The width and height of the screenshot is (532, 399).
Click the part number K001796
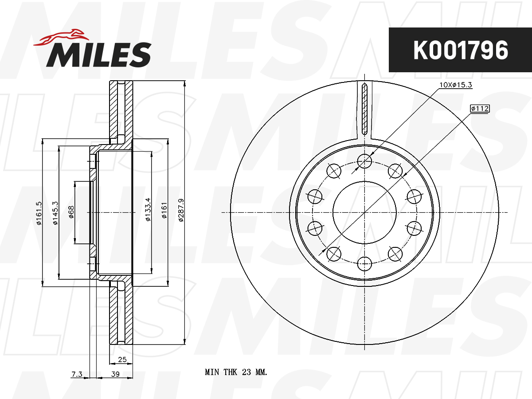[x=460, y=50]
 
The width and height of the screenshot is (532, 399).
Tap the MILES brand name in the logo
[x=98, y=55]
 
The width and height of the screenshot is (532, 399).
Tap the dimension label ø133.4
[x=148, y=210]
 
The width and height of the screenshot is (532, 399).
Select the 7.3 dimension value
[x=77, y=375]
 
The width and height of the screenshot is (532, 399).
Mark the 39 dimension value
[x=115, y=375]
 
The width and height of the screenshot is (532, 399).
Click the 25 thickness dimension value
[x=123, y=359]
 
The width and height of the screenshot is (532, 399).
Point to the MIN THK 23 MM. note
[x=236, y=372]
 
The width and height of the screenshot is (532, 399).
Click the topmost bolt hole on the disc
[x=364, y=161]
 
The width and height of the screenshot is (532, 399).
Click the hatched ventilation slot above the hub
[x=364, y=109]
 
